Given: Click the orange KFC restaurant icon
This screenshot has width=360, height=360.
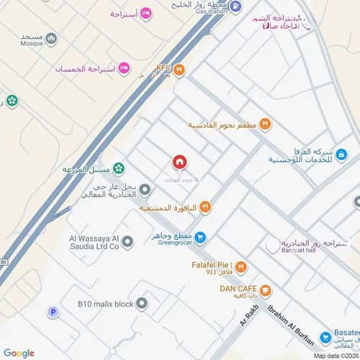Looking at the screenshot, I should click(x=180, y=70).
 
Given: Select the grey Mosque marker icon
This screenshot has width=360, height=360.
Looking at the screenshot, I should click(x=50, y=39).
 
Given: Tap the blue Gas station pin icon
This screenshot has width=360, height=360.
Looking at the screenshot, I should click(x=236, y=6).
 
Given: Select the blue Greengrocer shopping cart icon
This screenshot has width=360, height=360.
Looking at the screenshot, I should click(x=202, y=235).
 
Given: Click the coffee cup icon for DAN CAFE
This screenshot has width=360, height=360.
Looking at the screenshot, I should click(x=266, y=291).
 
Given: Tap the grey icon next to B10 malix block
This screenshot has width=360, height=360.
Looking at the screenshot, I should click(x=142, y=303).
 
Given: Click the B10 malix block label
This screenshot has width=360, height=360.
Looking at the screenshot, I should click(x=105, y=305).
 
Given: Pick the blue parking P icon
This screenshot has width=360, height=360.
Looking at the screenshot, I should click(x=52, y=312).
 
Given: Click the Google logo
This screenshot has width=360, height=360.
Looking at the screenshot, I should click(x=19, y=353).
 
